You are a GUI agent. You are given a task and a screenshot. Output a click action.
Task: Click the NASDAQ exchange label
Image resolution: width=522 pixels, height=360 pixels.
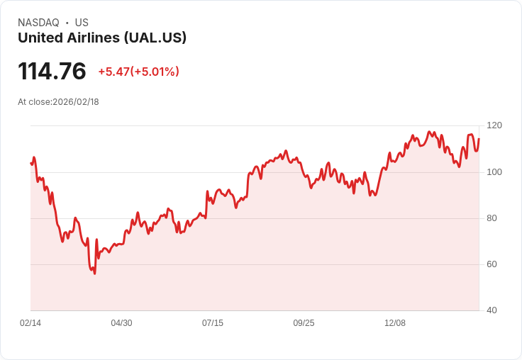point(38,23)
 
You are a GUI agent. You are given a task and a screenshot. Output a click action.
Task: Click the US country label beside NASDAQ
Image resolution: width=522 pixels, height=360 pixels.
point(82,23)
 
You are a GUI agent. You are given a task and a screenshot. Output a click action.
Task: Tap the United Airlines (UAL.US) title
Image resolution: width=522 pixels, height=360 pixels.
point(102,38)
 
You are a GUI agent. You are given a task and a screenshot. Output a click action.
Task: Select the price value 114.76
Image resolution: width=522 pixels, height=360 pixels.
point(52,71)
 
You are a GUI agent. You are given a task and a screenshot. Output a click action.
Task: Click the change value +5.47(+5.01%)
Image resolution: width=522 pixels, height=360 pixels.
point(138,72)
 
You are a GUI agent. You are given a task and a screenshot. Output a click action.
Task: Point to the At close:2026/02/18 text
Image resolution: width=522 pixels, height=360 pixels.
point(58,102)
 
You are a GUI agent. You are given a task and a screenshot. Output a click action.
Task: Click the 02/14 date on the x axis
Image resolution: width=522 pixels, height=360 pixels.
point(30,323)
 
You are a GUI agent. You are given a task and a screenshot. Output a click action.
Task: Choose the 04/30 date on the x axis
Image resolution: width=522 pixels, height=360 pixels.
point(121,323)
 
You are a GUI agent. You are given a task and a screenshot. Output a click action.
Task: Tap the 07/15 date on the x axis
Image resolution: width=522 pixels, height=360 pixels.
point(213,323)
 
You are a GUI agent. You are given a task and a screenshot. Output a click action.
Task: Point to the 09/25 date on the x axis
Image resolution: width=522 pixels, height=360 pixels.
point(304,323)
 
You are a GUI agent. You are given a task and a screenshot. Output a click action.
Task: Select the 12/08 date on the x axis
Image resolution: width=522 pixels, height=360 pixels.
point(395,323)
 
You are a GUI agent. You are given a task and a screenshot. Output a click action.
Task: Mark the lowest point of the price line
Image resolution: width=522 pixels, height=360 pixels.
point(94,274)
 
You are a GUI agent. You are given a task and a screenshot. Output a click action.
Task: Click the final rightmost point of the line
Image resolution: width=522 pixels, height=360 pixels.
point(479,139)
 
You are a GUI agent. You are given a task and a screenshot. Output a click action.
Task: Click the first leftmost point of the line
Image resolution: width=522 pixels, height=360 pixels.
point(31,164)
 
